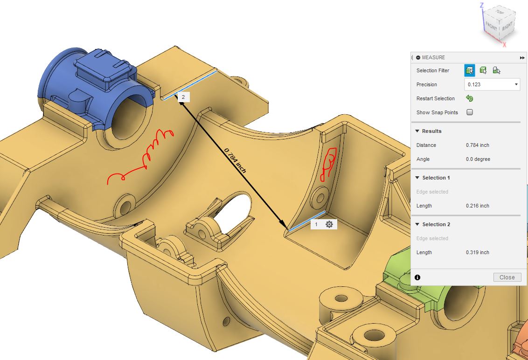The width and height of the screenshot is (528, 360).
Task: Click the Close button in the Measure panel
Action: point(507,277)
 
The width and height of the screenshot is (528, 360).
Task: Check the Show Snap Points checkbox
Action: point(470,112)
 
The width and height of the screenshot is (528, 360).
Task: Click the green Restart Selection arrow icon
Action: point(470,98)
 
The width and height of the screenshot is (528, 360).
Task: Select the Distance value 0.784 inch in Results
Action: point(477,145)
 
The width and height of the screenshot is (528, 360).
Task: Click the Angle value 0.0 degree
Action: point(478,159)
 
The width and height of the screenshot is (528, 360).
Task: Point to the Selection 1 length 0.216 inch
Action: point(477,206)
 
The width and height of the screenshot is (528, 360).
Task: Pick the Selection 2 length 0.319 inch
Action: point(477,252)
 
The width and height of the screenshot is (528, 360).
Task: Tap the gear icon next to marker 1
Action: point(329,224)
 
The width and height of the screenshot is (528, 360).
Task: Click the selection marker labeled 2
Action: point(183,97)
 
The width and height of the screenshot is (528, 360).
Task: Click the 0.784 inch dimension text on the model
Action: point(235,160)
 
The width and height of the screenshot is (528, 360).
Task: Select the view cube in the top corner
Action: point(500,26)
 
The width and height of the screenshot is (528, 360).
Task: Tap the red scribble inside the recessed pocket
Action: point(328,163)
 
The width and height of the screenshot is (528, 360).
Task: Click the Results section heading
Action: point(431,131)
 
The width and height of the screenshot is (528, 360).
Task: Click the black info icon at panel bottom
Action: point(417,277)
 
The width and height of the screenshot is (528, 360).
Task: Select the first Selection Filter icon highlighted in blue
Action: point(470,70)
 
